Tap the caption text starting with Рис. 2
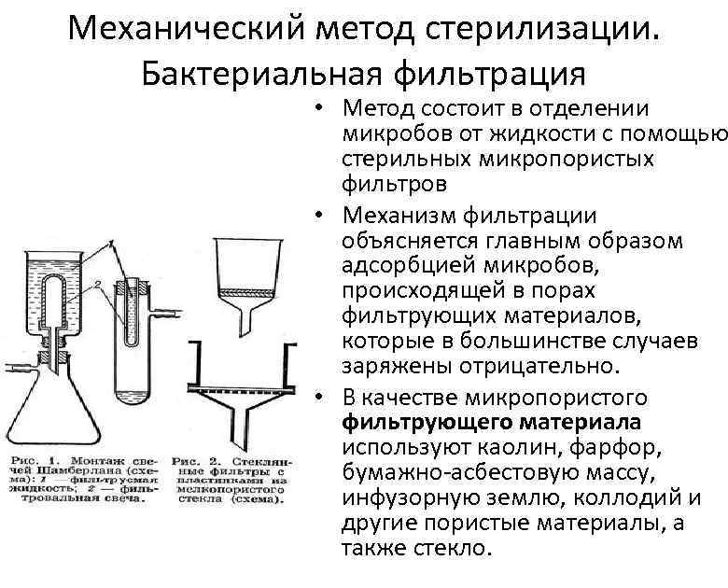234,481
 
